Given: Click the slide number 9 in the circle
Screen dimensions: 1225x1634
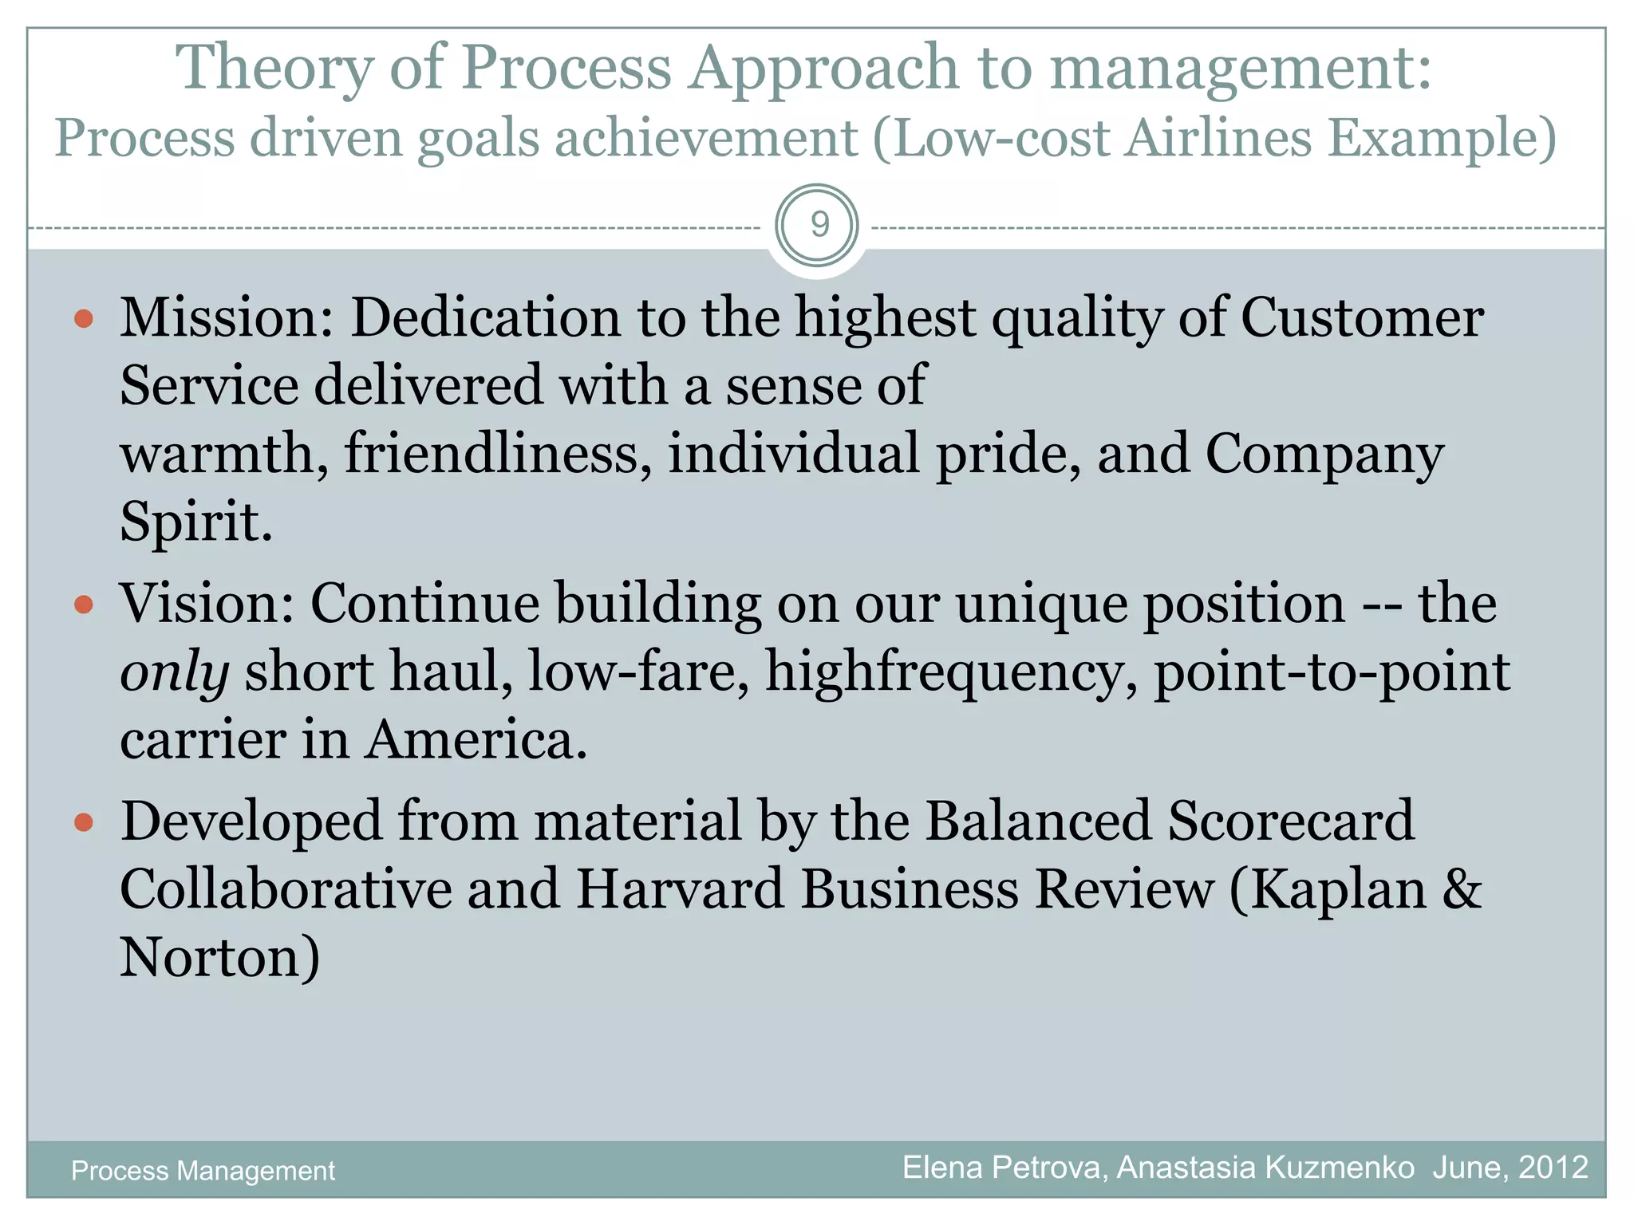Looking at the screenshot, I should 819,225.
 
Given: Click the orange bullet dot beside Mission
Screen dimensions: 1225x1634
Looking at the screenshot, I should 84,320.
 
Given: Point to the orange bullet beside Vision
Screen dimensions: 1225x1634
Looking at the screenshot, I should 84,605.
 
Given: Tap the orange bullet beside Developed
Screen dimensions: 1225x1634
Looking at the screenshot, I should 84,822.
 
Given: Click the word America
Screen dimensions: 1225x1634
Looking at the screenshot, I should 476,740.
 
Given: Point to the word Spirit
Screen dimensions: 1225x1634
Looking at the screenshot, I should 195,522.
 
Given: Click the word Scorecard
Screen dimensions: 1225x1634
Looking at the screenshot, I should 1289,821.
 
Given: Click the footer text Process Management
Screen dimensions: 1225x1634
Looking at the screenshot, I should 203,1171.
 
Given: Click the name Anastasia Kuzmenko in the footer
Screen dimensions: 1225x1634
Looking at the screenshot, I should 1265,1168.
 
